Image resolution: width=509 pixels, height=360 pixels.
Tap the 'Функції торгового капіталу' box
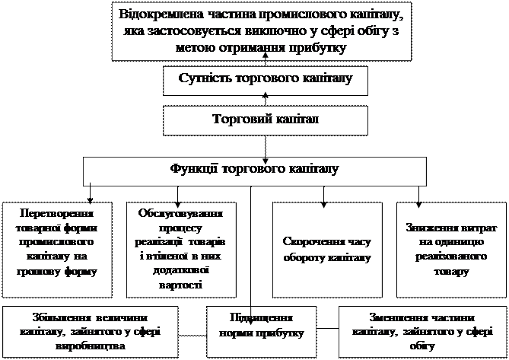tap(253, 169)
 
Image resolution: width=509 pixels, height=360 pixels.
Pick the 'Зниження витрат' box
tap(446, 248)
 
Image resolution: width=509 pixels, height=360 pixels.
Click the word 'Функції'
tap(192, 169)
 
